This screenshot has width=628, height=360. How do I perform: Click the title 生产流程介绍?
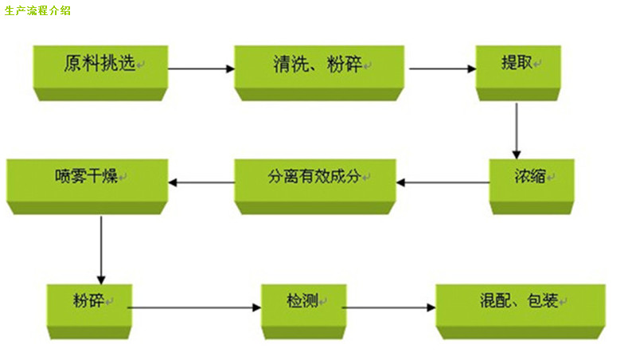coord(37,12)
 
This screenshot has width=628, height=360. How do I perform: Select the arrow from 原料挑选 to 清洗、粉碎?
coord(201,69)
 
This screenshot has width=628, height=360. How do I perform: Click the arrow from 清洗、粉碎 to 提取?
coord(442,69)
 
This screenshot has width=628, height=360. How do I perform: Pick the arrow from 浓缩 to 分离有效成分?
coord(443,182)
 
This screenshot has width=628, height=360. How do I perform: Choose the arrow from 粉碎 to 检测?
coord(194,307)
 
